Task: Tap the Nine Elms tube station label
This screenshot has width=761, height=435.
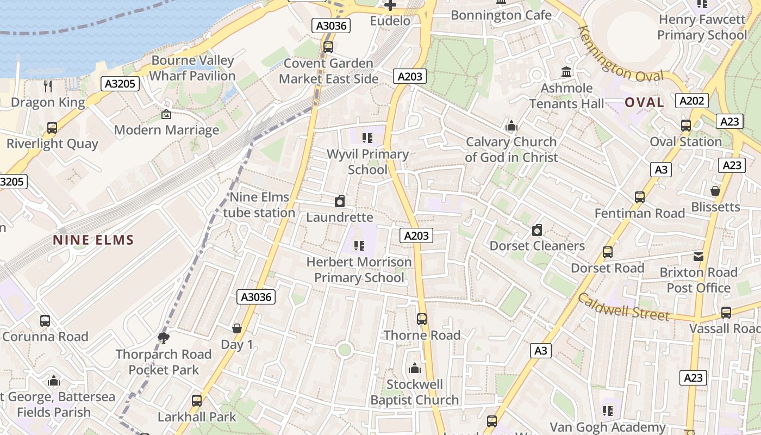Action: (x=259, y=205)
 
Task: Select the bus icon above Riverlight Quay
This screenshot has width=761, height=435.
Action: (x=52, y=128)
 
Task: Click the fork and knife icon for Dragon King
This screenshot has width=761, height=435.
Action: (x=48, y=86)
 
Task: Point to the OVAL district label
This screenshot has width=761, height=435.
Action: (x=644, y=102)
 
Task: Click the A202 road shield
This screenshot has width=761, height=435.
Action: (x=692, y=100)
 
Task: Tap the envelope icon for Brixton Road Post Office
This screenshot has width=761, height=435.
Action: (x=698, y=256)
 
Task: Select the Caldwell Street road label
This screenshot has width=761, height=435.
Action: (x=623, y=307)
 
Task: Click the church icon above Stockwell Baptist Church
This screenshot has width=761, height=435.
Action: (x=415, y=368)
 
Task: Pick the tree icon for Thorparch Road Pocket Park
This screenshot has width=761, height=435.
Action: (x=163, y=338)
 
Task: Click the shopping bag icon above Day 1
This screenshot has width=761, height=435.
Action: (x=237, y=328)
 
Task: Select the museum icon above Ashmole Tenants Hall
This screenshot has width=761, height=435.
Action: (x=566, y=72)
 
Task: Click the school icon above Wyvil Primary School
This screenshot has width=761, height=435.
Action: (x=367, y=138)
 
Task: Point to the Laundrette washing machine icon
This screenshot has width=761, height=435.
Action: (x=340, y=201)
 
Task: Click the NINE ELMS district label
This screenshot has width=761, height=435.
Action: (x=93, y=240)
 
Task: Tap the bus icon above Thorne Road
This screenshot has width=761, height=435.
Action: (x=422, y=319)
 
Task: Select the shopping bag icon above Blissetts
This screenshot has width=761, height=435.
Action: (x=715, y=191)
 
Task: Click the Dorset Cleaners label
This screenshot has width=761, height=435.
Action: (x=537, y=246)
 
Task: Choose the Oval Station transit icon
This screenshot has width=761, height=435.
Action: (x=686, y=126)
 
